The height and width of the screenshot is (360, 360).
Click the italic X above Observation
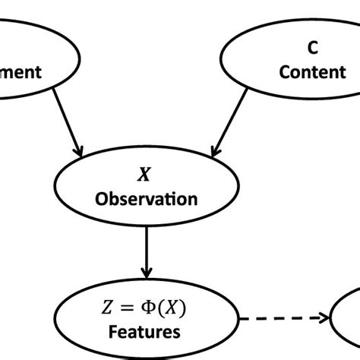click(x=143, y=175)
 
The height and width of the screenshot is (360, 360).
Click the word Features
click(x=144, y=332)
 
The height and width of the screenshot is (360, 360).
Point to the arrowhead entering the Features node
click(x=147, y=270)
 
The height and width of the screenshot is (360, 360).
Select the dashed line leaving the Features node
click(x=273, y=319)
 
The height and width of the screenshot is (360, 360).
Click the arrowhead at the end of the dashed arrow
click(x=323, y=319)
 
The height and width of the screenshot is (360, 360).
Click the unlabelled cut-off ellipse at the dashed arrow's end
click(x=348, y=323)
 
